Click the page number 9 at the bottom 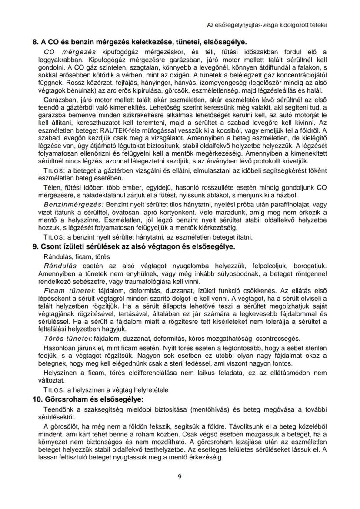pyautogui.click(x=180, y=476)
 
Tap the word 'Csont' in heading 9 pyautogui.click(x=55, y=247)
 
